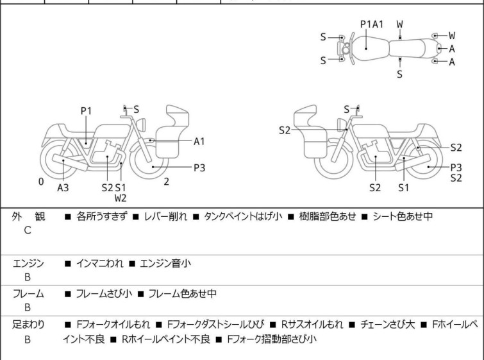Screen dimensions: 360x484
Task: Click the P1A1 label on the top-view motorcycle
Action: pyautogui.click(x=372, y=24)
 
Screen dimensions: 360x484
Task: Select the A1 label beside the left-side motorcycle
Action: pyautogui.click(x=199, y=141)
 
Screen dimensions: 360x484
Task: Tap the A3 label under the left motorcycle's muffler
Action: pyautogui.click(x=63, y=187)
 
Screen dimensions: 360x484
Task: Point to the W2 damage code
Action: pyautogui.click(x=121, y=198)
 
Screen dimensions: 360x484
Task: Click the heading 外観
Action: pyautogui.click(x=27, y=216)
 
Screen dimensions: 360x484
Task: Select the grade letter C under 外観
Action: pyautogui.click(x=27, y=230)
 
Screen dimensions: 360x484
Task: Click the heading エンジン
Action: pyautogui.click(x=28, y=262)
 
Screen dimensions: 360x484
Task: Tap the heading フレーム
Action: pyautogui.click(x=28, y=294)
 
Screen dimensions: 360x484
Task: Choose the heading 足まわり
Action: pyautogui.click(x=28, y=325)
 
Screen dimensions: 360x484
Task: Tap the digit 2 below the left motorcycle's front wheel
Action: pyautogui.click(x=166, y=182)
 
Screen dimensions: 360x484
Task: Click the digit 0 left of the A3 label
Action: pyautogui.click(x=41, y=182)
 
